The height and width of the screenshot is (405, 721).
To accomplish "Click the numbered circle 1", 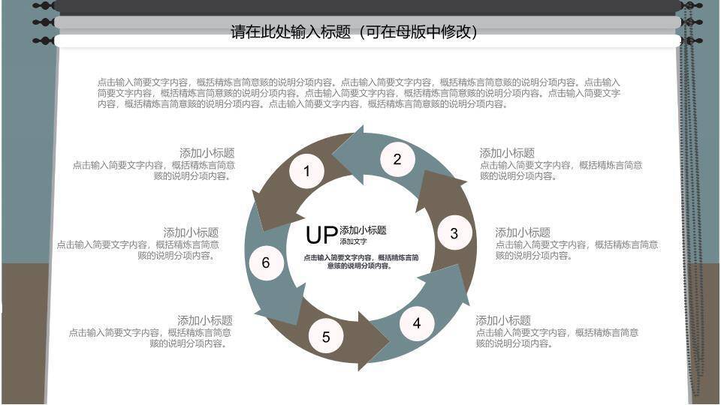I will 306,171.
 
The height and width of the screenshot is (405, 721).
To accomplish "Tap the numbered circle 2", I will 397,159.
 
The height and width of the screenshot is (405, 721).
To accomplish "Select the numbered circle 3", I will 454,233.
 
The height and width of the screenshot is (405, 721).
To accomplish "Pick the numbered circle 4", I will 417,324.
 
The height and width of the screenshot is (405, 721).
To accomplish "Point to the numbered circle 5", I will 326,337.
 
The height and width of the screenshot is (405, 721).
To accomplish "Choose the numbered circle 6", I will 265,262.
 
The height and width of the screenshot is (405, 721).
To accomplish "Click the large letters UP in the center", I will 321,235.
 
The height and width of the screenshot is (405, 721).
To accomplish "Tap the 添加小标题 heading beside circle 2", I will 507,153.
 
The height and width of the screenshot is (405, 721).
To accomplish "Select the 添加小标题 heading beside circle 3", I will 523,232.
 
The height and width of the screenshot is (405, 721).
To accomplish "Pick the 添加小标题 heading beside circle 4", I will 503,320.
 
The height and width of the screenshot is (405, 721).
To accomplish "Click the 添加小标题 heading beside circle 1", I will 207,153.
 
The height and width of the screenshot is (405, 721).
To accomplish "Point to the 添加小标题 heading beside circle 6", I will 191,232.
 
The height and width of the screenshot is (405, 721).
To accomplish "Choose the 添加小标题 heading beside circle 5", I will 204,320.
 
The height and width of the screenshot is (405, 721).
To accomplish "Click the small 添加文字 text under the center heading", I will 353,241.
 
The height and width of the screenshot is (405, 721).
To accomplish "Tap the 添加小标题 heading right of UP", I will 363,230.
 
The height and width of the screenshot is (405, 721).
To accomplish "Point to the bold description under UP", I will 361,262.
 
